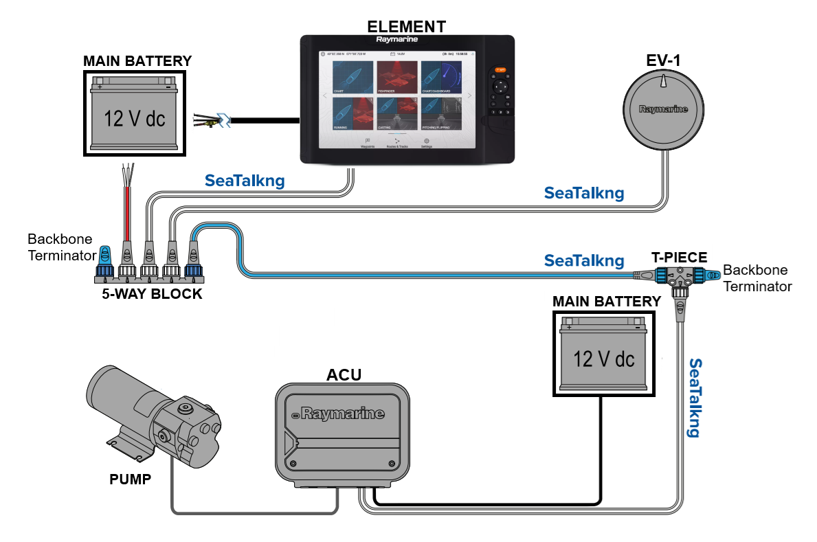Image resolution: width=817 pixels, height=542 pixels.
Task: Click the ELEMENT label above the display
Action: pyautogui.click(x=406, y=27)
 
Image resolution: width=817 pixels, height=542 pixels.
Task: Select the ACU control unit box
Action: pyautogui.click(x=342, y=433)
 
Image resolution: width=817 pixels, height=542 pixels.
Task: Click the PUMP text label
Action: pyautogui.click(x=130, y=479)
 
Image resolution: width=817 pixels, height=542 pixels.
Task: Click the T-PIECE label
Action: pyautogui.click(x=679, y=258)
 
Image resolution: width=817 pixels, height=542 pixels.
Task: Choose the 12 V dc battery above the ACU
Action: pyautogui.click(x=603, y=353)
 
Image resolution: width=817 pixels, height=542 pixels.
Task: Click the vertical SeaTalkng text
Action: pyautogui.click(x=695, y=398)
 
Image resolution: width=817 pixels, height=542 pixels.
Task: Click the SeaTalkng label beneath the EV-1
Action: pyautogui.click(x=584, y=193)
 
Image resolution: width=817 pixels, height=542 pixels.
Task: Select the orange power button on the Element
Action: pyautogui.click(x=500, y=69)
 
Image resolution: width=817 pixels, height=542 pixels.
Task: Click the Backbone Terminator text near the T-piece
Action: pyautogui.click(x=756, y=278)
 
